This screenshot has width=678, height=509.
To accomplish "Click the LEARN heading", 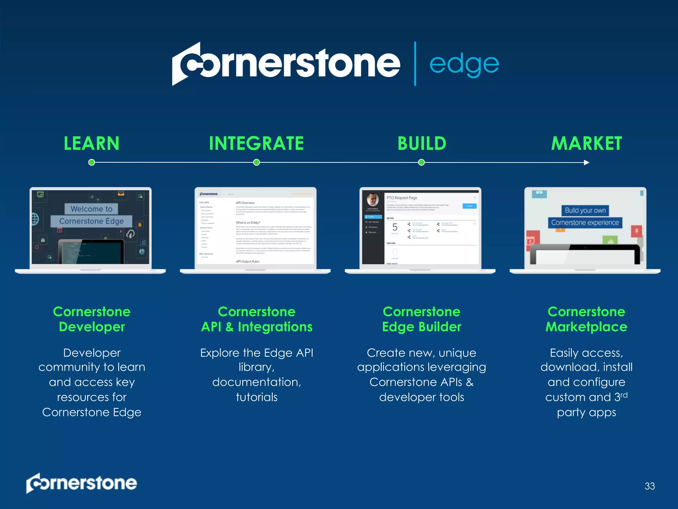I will (91, 143).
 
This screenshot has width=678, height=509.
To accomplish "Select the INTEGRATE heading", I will (256, 143).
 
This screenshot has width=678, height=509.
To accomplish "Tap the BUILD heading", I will (422, 143).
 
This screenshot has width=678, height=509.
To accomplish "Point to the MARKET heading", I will (586, 143).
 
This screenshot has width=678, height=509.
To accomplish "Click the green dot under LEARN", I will (92, 162).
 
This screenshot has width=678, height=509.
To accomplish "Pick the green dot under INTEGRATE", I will (257, 162).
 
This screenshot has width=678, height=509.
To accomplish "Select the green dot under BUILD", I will (421, 162).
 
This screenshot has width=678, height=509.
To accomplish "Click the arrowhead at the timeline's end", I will (587, 162).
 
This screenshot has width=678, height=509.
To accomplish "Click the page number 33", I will (650, 486).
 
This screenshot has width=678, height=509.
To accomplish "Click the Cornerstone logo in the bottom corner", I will (81, 483).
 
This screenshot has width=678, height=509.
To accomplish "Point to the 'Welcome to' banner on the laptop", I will (91, 209).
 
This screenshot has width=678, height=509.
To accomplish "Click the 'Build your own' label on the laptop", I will (585, 210).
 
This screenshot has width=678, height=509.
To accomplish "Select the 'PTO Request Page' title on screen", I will (402, 198).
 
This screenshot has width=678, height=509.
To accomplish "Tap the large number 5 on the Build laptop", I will (395, 227).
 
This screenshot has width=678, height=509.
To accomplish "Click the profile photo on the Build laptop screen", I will (373, 199).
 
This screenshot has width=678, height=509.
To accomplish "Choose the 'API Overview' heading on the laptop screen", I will (245, 203).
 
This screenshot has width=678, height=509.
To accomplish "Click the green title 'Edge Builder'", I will (421, 327).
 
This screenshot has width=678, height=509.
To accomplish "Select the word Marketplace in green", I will (586, 327).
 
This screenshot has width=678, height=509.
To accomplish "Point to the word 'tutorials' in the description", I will (257, 397).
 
